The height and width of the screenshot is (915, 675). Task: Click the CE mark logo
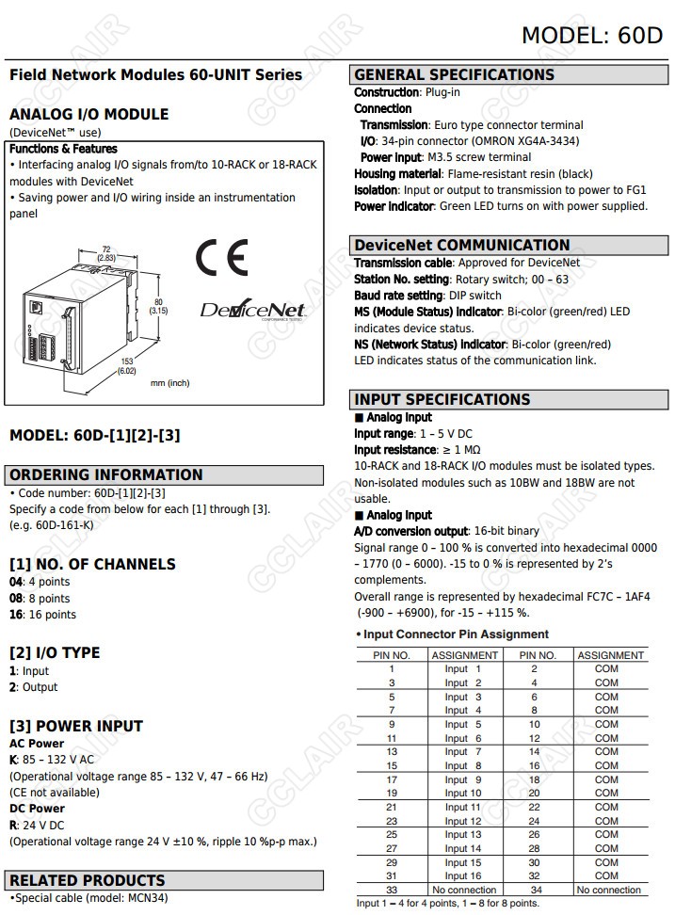click(222, 257)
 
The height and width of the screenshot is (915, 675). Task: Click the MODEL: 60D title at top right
click(591, 36)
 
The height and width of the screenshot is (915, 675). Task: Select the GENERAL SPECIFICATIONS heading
click(455, 75)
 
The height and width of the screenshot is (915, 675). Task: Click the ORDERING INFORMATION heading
click(106, 475)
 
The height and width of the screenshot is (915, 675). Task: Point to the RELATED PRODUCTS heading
click(88, 881)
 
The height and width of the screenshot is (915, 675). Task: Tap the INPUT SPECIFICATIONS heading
click(442, 399)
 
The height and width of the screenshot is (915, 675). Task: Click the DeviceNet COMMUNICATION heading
click(462, 245)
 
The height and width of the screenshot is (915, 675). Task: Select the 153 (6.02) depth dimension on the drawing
click(126, 365)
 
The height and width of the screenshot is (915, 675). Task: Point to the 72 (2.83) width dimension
click(105, 253)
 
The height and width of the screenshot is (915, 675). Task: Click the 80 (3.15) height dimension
click(158, 306)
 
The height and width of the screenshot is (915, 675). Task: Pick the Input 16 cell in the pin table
click(463, 876)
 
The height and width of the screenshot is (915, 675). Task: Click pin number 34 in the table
click(536, 890)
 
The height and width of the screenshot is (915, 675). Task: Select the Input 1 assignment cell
click(463, 668)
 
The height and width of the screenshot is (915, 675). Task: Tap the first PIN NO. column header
click(392, 655)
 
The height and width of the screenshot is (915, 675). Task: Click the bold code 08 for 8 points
click(16, 599)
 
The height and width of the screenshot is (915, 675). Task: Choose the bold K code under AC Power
click(13, 760)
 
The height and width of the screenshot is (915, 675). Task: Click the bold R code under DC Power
click(13, 825)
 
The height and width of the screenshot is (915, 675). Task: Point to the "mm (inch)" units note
click(170, 383)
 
